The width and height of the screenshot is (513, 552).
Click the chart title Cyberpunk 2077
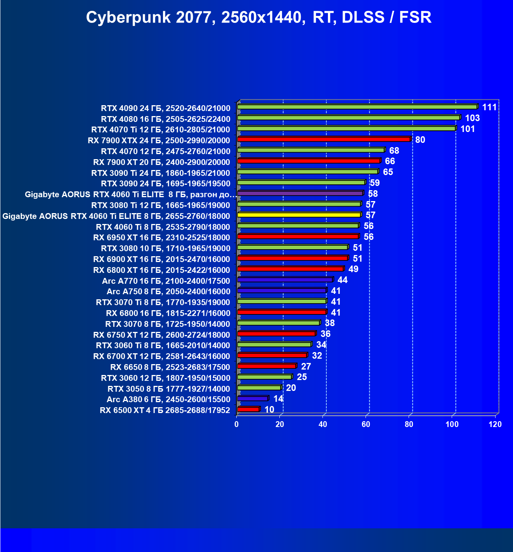(258, 18)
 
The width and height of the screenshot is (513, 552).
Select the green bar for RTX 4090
(357, 107)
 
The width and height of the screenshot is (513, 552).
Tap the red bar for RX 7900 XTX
(324, 139)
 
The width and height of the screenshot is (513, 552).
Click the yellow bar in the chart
(299, 215)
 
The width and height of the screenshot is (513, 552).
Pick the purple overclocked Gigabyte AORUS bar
(300, 193)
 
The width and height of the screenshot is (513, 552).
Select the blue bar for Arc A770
(285, 279)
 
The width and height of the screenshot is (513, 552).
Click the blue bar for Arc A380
(252, 398)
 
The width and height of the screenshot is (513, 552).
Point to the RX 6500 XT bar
(248, 409)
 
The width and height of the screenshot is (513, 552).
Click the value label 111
(489, 107)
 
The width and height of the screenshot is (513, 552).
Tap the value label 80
(420, 140)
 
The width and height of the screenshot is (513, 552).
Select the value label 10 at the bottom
(269, 410)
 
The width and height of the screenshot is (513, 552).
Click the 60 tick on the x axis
(366, 424)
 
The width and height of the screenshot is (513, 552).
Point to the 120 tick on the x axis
(495, 424)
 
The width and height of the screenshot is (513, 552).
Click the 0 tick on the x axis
(237, 424)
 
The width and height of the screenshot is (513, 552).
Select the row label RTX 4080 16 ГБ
(165, 119)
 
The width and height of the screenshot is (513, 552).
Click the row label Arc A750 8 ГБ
(168, 292)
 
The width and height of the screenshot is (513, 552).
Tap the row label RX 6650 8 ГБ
(170, 367)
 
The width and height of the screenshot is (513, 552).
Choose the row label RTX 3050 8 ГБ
(168, 389)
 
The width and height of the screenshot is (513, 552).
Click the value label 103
(472, 118)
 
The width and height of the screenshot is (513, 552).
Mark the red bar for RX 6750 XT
(276, 333)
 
